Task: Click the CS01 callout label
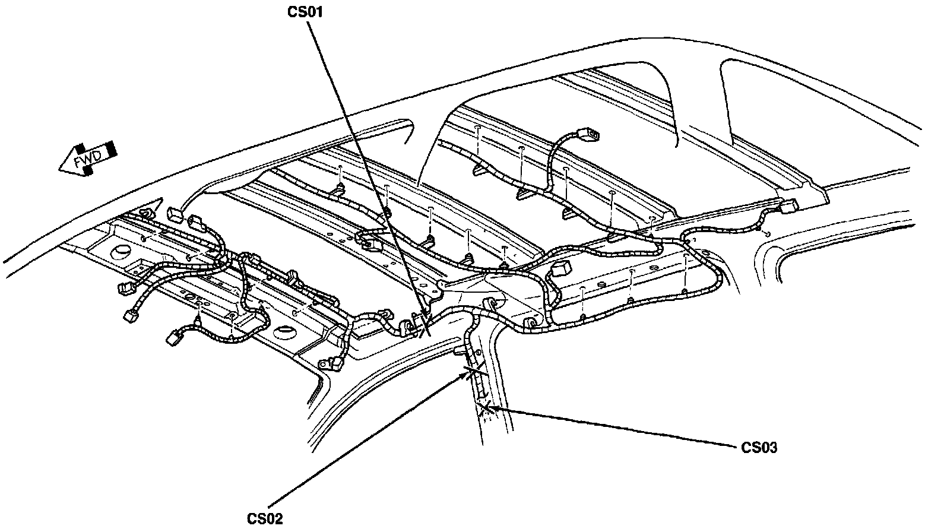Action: (305, 12)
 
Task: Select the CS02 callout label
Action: (264, 518)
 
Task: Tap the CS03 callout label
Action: (759, 447)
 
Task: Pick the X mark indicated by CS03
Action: (487, 407)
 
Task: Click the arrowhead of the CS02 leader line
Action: (467, 374)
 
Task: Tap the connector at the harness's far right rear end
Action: (788, 207)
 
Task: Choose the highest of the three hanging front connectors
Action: (124, 289)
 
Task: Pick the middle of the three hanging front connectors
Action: (129, 315)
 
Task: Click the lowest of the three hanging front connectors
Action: (173, 337)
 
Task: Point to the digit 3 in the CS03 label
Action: (772, 447)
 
